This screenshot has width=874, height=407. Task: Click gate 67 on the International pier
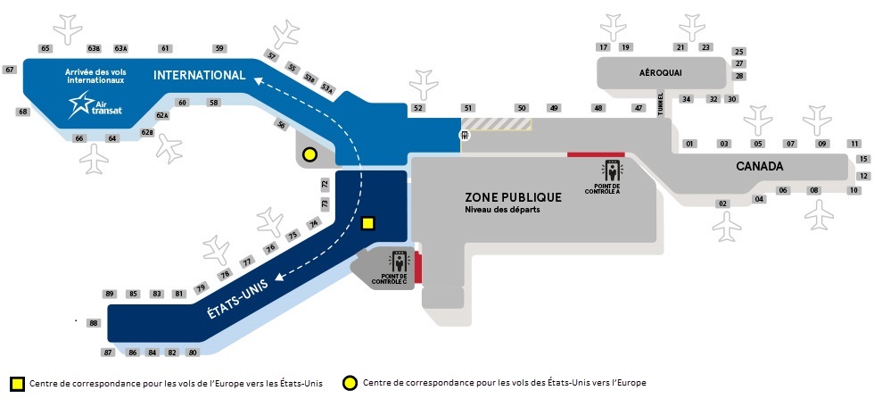tap(10, 70)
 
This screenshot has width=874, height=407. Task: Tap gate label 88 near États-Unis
tap(94, 323)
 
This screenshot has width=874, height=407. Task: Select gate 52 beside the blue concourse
tap(417, 108)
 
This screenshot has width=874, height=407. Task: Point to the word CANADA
tap(759, 167)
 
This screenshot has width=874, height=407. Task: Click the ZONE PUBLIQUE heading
tap(513, 197)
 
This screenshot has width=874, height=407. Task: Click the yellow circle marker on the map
tap(309, 154)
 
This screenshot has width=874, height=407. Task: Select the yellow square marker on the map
tap(367, 224)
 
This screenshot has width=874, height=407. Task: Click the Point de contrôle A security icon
tap(612, 170)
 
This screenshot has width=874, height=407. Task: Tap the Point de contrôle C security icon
tap(400, 262)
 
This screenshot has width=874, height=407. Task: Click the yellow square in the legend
tap(17, 384)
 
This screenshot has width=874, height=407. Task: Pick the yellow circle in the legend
tap(350, 384)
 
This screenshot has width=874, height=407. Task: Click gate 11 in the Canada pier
tap(853, 144)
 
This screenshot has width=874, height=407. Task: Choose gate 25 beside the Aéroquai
tap(738, 52)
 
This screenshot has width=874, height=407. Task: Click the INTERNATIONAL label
tap(199, 75)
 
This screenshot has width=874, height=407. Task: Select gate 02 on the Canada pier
tap(722, 203)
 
